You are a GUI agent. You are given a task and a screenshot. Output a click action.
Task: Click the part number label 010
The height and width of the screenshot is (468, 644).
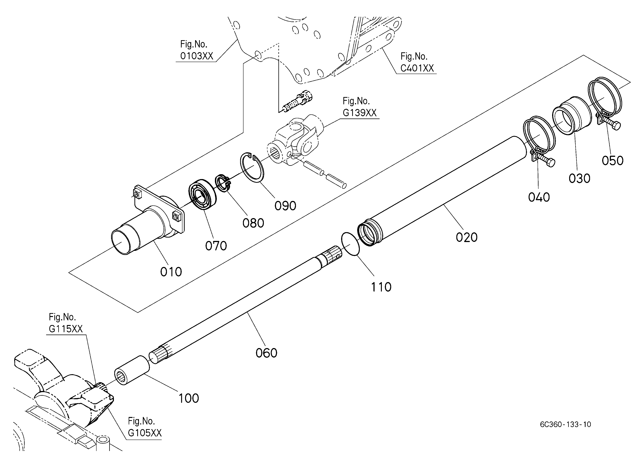point(171,272)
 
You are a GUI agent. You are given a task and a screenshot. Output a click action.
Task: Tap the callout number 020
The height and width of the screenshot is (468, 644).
point(467,237)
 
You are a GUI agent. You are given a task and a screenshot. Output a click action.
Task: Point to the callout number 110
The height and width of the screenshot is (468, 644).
point(381,287)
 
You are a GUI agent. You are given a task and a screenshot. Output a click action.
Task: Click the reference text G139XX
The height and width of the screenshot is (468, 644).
point(359,113)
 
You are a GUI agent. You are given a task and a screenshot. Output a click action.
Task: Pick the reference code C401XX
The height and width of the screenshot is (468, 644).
point(417,68)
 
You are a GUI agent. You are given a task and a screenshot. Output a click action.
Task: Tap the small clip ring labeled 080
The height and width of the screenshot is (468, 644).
point(224,184)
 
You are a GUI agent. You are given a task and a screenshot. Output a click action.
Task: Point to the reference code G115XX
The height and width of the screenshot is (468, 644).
point(66,329)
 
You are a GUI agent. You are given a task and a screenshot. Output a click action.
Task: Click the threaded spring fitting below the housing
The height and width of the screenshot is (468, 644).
point(298,101)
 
